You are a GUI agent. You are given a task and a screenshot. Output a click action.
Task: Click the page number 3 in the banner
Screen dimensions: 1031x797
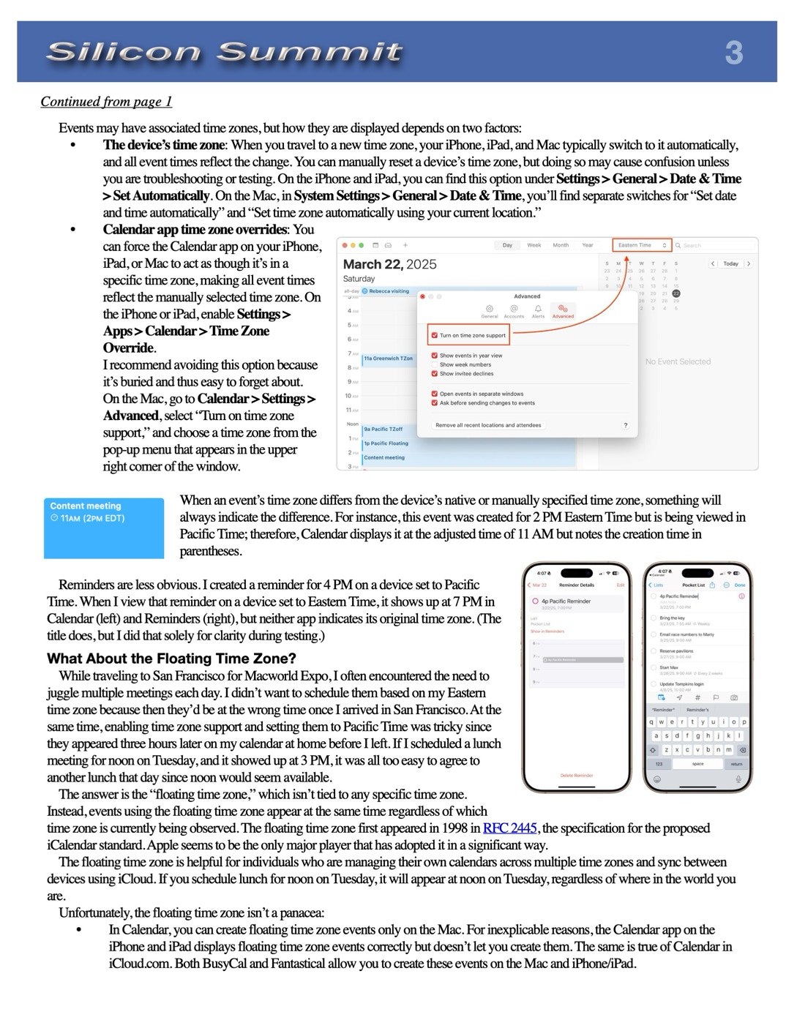point(733,53)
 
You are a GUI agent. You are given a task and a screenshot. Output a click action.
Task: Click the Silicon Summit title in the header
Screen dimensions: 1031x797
point(224,52)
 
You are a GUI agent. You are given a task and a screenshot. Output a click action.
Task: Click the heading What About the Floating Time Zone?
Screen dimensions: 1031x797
point(171,658)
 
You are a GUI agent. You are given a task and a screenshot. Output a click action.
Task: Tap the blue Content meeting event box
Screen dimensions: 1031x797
point(104,528)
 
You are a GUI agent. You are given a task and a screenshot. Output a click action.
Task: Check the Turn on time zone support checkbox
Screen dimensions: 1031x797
point(435,335)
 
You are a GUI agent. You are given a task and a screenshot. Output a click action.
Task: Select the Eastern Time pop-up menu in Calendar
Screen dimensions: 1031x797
point(642,245)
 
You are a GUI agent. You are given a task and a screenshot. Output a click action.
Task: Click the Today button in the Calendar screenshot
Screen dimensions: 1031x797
point(730,263)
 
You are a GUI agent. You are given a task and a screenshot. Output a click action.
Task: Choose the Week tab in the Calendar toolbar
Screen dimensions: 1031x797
point(534,245)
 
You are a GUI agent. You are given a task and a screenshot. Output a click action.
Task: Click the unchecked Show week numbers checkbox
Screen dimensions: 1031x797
point(435,364)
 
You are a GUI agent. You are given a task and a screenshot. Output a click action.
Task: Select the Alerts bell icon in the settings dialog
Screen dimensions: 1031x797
point(538,311)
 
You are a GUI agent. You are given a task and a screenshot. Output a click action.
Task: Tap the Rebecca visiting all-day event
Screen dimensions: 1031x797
point(389,291)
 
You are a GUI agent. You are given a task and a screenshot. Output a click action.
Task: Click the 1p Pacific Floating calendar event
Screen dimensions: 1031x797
point(386,443)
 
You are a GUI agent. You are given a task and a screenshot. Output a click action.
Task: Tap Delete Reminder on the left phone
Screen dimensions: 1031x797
point(577,775)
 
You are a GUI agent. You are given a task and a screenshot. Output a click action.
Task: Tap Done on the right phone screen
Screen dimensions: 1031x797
point(740,585)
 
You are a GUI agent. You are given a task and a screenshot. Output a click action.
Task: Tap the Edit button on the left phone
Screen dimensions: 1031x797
point(621,585)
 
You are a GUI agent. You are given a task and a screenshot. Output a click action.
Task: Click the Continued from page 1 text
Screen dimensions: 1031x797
point(106,102)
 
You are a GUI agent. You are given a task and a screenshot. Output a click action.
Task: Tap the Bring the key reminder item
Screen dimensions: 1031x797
point(673,618)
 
